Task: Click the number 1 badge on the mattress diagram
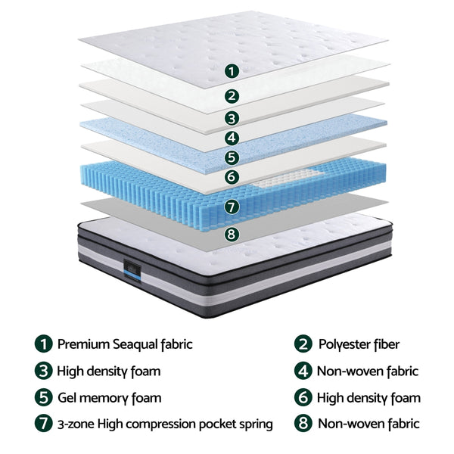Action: [232, 71]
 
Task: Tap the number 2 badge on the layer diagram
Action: [232, 96]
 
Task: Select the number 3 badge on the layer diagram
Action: [232, 118]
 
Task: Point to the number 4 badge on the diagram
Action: [232, 138]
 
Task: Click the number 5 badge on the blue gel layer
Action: [232, 157]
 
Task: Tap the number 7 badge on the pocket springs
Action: [232, 206]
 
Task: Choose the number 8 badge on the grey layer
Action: [232, 234]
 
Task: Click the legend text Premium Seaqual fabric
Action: [125, 344]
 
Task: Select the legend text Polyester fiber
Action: [358, 344]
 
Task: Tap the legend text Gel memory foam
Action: [109, 397]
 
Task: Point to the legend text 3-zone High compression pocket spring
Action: [165, 424]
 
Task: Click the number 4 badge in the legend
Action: [303, 371]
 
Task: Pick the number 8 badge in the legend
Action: [303, 424]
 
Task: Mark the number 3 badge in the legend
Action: [44, 371]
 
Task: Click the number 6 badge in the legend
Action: [303, 397]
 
